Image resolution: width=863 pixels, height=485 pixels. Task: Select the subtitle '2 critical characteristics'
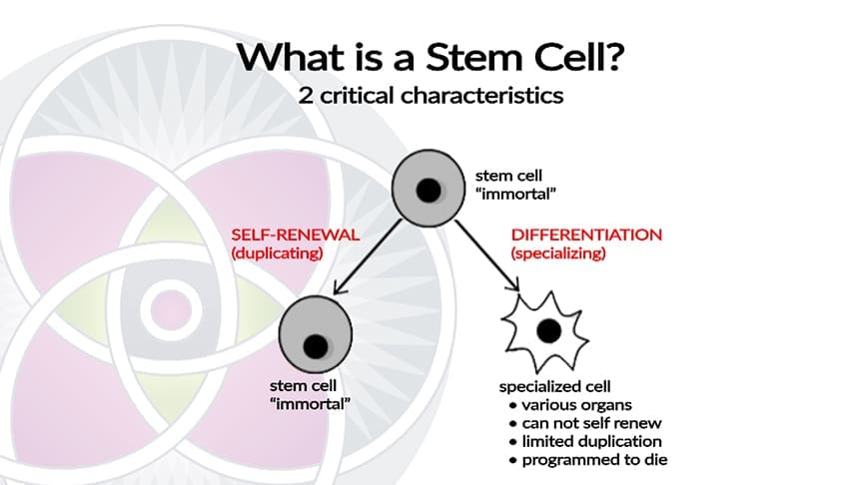(431, 97)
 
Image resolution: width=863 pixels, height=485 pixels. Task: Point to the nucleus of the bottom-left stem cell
(316, 345)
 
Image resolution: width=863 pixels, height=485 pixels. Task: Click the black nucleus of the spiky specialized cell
(547, 329)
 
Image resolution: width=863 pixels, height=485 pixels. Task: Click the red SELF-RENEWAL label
(281, 236)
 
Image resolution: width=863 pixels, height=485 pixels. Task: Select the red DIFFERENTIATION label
(586, 236)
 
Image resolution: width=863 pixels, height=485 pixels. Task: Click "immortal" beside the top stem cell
(511, 194)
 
